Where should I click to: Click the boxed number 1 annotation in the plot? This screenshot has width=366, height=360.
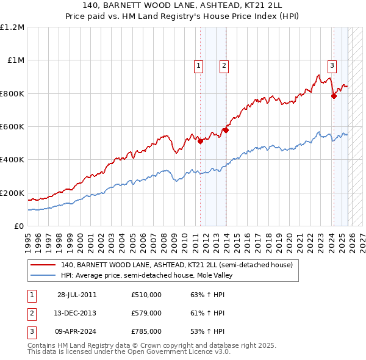pos(199,67)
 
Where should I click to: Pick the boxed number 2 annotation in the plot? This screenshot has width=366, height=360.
pos(224,67)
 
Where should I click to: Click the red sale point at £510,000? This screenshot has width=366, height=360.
pos(201,142)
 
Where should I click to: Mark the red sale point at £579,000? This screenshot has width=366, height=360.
pos(226,130)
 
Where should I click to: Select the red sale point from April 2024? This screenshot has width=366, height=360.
pos(334,96)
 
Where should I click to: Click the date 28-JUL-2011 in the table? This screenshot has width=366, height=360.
pos(77,295)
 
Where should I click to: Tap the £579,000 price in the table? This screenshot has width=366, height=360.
pos(146,313)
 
